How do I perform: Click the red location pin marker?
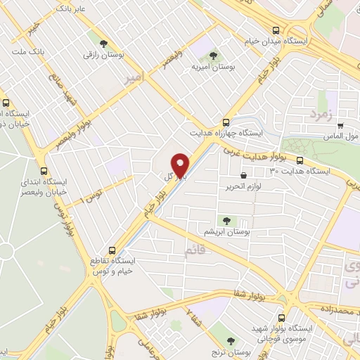(x=181, y=165)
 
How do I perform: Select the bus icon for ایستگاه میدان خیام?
(x=276, y=30)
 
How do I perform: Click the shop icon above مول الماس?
(x=340, y=122)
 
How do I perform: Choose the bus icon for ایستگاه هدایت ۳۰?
(x=301, y=160)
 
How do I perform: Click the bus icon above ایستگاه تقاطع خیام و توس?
(x=112, y=250)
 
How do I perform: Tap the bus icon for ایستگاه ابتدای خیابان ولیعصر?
(x=45, y=171)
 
